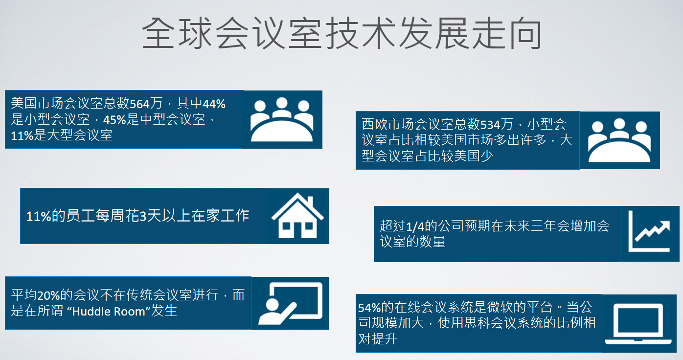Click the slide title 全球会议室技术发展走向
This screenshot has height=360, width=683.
[x=341, y=33]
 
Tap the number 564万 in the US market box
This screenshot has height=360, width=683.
[x=146, y=104]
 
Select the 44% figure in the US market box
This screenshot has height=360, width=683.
[x=214, y=104]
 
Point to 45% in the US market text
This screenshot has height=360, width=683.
[x=114, y=119]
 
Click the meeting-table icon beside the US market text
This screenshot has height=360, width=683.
[x=282, y=119]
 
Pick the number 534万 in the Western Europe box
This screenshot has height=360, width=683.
[x=497, y=124]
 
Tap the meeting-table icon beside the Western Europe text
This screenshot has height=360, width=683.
[x=619, y=140]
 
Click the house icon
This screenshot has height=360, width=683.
[x=297, y=216]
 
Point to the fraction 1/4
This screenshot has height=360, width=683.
[x=415, y=226]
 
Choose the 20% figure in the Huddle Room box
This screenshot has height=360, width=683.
[x=48, y=295]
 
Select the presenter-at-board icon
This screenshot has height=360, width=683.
[x=291, y=303]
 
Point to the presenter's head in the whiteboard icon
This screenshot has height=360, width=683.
[x=273, y=304]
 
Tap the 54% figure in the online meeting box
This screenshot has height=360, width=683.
[x=369, y=308]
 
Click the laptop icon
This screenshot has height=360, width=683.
[x=638, y=324]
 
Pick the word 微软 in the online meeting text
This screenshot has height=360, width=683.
[x=500, y=308]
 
